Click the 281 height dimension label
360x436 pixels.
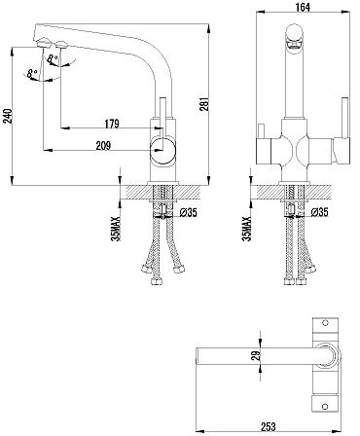(204, 104)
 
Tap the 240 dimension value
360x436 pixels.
(8, 116)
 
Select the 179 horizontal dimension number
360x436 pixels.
(112, 124)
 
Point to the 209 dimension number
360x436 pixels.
(103, 146)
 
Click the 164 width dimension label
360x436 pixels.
(303, 7)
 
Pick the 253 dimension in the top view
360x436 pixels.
(268, 426)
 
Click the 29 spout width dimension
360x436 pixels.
(257, 355)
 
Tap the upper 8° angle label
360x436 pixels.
(53, 59)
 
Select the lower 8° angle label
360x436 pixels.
(32, 74)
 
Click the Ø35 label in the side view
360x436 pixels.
(188, 213)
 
